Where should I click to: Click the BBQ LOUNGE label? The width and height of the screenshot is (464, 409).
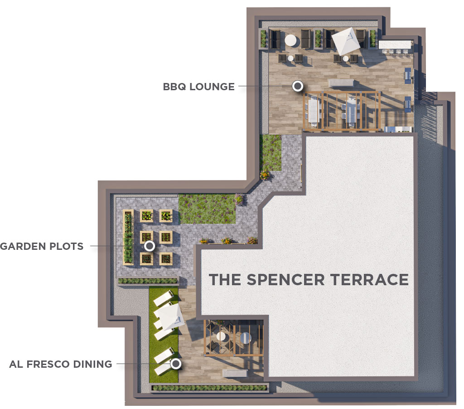(198, 87)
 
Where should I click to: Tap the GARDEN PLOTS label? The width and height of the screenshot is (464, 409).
(42, 246)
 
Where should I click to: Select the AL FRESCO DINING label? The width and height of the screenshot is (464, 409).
(61, 364)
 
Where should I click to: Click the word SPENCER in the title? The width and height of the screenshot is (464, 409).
(285, 280)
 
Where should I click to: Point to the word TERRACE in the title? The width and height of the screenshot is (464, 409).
(369, 280)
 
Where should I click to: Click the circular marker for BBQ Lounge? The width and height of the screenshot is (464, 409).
(298, 86)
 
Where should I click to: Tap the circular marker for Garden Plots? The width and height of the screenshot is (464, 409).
(150, 245)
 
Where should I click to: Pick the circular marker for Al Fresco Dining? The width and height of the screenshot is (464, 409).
(176, 363)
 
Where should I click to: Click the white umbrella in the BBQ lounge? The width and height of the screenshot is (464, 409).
(346, 41)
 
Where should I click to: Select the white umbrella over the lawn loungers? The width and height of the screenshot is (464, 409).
(170, 316)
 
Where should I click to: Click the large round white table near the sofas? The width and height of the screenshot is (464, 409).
(290, 40)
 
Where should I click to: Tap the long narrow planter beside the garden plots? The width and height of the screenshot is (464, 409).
(128, 237)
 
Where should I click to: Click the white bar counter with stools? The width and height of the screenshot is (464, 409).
(395, 45)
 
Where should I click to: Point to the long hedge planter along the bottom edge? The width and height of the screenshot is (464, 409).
(210, 388)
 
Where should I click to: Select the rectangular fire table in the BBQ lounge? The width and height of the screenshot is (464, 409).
(341, 83)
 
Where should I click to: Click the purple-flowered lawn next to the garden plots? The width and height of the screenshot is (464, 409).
(207, 209)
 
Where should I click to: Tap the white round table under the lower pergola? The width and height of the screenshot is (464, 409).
(221, 336)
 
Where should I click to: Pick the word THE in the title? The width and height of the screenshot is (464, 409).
(225, 280)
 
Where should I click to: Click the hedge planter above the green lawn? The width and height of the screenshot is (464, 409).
(148, 281)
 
